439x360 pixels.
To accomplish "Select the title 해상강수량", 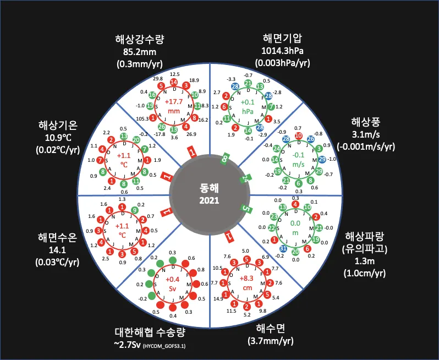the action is tap(140, 40).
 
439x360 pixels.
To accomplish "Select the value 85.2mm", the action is tap(140, 52).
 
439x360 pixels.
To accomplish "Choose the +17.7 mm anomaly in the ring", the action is tap(174, 106).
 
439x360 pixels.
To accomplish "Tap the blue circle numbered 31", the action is tap(283, 247).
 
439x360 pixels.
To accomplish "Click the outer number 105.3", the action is tap(144, 118).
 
